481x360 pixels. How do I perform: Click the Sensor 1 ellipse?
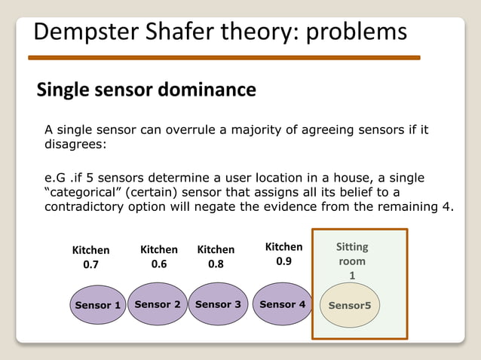tap(97, 305)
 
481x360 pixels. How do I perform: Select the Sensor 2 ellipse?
tap(157, 304)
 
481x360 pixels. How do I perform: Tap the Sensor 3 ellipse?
tap(218, 304)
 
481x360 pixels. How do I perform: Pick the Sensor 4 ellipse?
tap(282, 304)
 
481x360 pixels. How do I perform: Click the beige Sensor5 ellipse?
tap(351, 305)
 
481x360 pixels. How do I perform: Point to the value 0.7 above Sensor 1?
tap(90, 264)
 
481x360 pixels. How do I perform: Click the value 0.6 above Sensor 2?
tap(159, 264)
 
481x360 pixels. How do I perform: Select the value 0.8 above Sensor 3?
tap(216, 264)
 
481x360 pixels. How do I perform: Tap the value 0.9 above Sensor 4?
tap(284, 261)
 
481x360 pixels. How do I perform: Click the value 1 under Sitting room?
tap(351, 276)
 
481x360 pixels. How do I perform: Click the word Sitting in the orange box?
tap(352, 247)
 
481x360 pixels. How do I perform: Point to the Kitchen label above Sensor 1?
tap(90, 250)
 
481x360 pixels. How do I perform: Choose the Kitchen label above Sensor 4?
tap(284, 247)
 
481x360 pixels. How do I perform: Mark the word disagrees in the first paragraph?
tap(73, 144)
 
